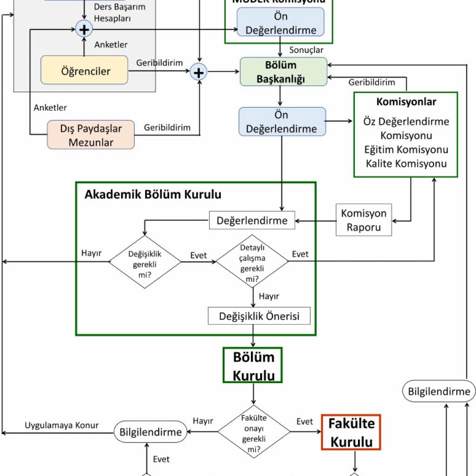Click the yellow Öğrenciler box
[x=84, y=71]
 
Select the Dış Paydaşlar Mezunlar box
[x=91, y=135]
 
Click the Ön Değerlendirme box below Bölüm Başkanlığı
[x=282, y=122]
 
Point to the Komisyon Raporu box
[x=364, y=220]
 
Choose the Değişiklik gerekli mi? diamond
[x=145, y=262]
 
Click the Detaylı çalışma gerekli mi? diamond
[x=252, y=262]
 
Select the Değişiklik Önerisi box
[x=259, y=317]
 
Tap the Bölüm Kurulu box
[x=253, y=365]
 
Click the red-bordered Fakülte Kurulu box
[x=351, y=432]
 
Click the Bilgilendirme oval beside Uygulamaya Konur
[x=151, y=432]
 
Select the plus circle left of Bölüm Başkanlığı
[x=199, y=72]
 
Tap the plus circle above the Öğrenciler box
[x=84, y=30]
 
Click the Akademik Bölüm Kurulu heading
[x=152, y=195]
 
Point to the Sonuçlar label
[x=306, y=50]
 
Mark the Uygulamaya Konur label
[x=61, y=425]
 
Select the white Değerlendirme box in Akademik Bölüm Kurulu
[x=252, y=220]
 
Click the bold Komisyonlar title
[x=406, y=101]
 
